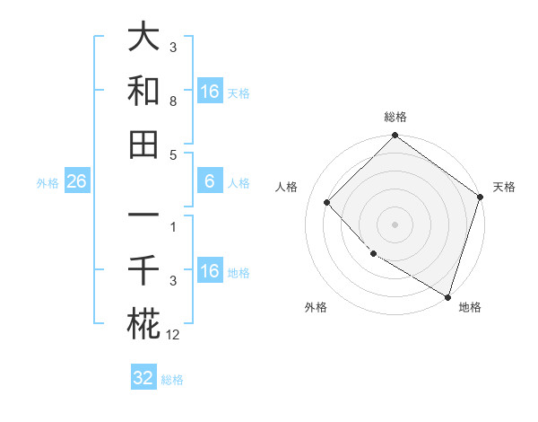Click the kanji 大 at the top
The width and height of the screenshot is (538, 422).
[x=143, y=39]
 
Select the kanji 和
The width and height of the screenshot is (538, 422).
[x=143, y=91]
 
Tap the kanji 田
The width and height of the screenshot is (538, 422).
[x=143, y=144]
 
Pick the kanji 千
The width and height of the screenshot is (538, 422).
[x=143, y=269]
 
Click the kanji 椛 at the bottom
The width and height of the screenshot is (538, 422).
[x=143, y=322]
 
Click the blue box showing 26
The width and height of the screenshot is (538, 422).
[x=76, y=182]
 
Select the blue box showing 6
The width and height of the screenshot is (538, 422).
[x=209, y=182]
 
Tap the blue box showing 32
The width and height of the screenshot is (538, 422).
[x=143, y=378]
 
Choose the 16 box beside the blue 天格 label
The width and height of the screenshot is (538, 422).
[x=209, y=92]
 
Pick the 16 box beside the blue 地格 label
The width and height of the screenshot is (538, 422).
[x=209, y=271]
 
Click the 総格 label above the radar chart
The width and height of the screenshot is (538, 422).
[x=395, y=117]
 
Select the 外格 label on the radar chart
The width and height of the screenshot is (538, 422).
[x=316, y=308]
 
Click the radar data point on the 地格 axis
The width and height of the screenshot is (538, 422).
[x=447, y=295]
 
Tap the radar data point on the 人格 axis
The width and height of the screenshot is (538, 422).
[x=327, y=202]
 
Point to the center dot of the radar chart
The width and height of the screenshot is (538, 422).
[x=395, y=224]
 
